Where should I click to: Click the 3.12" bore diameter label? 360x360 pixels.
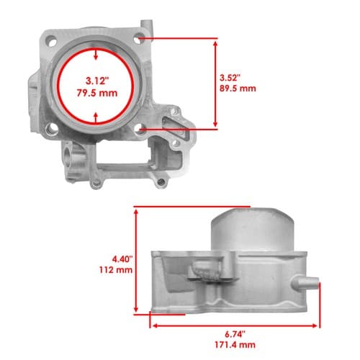click(x=97, y=81)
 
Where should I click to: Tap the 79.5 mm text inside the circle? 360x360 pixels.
click(x=97, y=93)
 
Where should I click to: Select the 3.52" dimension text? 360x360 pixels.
click(x=230, y=78)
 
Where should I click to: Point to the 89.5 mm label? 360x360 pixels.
click(x=238, y=89)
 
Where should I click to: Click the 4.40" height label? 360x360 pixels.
click(x=122, y=259)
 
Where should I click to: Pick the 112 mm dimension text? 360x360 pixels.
click(x=116, y=270)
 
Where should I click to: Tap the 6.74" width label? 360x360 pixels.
click(x=235, y=334)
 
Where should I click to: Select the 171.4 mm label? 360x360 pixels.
click(x=235, y=345)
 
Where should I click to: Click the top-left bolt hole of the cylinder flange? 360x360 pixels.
click(x=52, y=41)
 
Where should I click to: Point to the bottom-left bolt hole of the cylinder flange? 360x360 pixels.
click(x=51, y=129)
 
